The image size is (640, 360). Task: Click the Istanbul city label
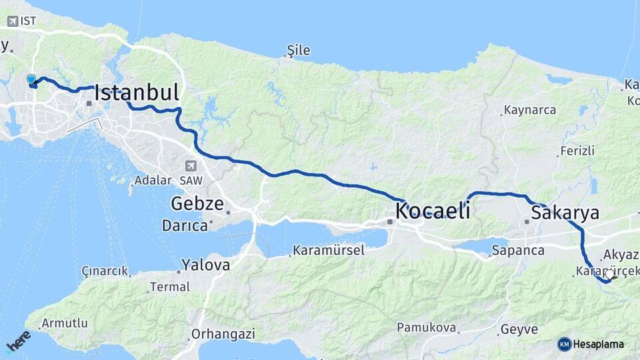click(137, 93)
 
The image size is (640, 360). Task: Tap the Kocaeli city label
click(433, 211)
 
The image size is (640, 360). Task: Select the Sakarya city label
click(565, 213)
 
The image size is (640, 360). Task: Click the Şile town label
click(298, 51)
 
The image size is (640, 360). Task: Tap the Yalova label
click(205, 265)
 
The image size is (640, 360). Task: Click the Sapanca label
click(518, 251)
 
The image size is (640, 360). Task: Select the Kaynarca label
click(530, 110)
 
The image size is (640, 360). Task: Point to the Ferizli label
click(577, 151)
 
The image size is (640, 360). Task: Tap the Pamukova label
click(427, 327)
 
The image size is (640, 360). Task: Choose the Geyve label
click(519, 329)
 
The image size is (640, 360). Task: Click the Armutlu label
click(64, 323)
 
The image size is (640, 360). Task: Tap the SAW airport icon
click(191, 165)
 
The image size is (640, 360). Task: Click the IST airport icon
click(13, 21)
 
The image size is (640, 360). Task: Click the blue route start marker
click(31, 80)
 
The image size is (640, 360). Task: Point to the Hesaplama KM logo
click(565, 344)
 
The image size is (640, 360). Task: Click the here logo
click(18, 341)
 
